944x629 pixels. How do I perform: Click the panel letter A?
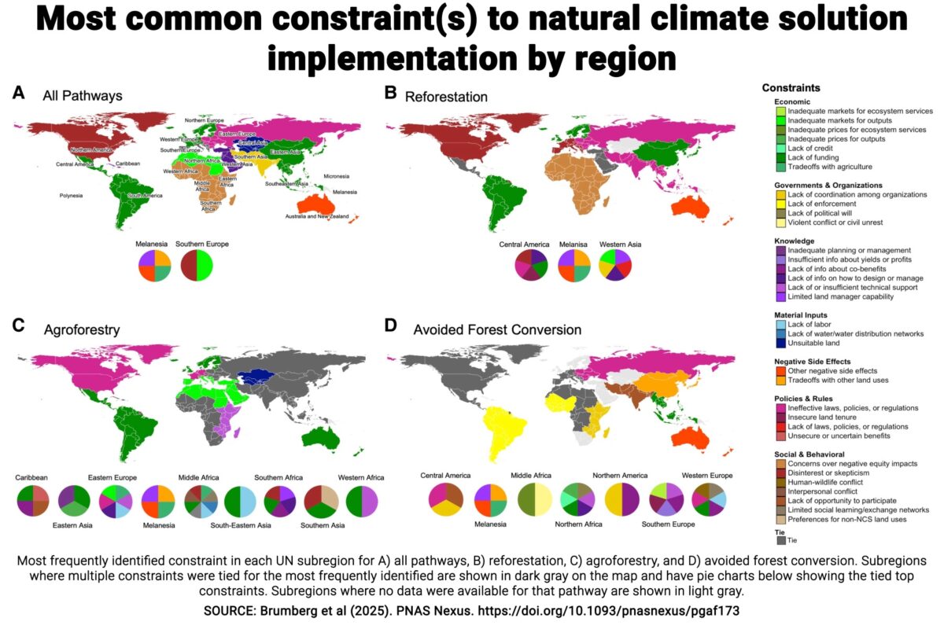[18, 93]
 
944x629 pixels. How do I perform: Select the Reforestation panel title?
[446, 97]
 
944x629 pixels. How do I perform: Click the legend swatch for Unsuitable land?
[780, 343]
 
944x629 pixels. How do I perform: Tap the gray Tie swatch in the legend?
[780, 540]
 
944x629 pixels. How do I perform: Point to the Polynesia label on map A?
[71, 195]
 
